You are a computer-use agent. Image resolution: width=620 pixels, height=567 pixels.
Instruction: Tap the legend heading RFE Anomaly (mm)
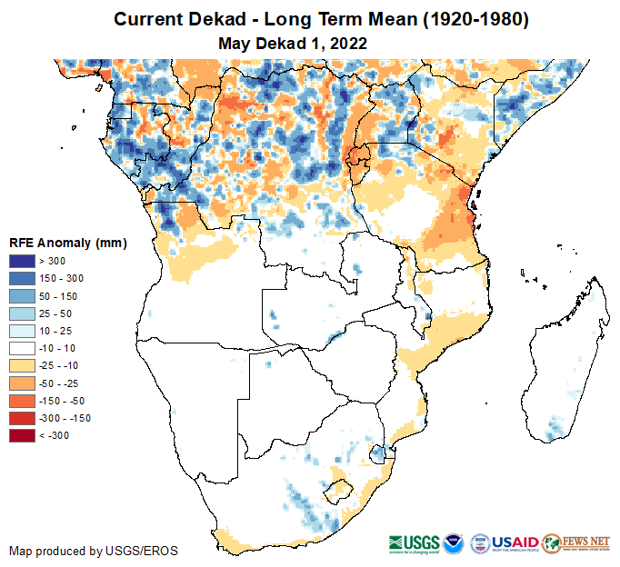pos(67,244)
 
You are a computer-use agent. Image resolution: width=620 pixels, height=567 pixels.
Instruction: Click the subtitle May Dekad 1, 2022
pos(292,43)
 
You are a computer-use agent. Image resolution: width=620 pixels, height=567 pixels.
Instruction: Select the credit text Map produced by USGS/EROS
pos(94,551)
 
